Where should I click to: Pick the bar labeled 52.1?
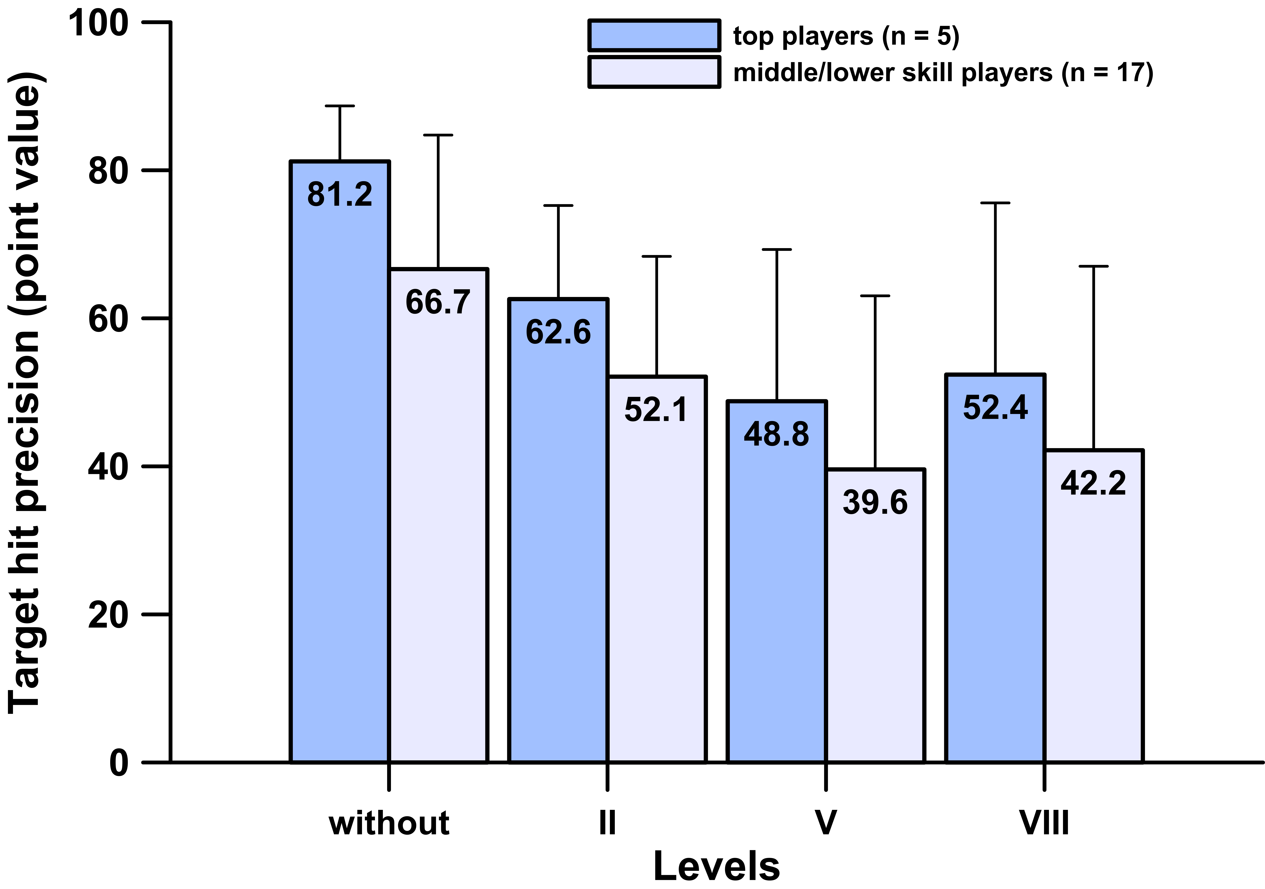(x=657, y=569)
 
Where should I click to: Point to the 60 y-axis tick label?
(x=108, y=319)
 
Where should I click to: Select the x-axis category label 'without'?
(x=389, y=823)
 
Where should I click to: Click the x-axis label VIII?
(x=1044, y=823)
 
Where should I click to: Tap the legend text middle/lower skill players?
(x=892, y=72)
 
